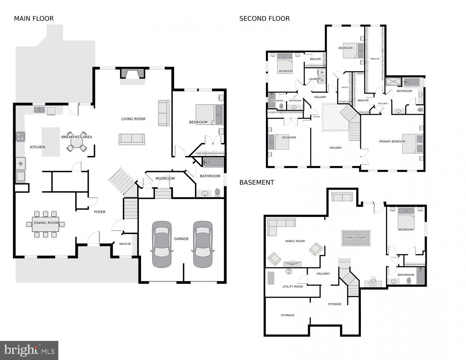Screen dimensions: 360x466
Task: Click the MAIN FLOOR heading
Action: [x=34, y=19]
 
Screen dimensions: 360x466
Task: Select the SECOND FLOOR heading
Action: [x=264, y=19]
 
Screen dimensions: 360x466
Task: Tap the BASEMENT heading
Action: [x=257, y=183]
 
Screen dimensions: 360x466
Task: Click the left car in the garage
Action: [x=162, y=244]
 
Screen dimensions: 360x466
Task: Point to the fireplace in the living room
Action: [x=133, y=74]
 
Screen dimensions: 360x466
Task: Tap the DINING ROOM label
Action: [x=46, y=223]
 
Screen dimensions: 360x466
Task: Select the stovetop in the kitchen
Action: [x=21, y=137]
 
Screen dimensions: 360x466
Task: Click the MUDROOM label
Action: [x=165, y=179]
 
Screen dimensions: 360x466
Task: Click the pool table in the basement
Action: [x=356, y=238]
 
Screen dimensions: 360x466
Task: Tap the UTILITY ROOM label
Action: [x=293, y=287]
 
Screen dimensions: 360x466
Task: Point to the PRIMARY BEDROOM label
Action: [x=392, y=141]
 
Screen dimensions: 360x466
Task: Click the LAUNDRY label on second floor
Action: [x=315, y=79]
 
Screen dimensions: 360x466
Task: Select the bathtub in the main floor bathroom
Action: [x=213, y=163]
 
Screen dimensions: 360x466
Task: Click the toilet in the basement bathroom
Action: [x=409, y=280]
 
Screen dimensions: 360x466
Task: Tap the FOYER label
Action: [x=100, y=212]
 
